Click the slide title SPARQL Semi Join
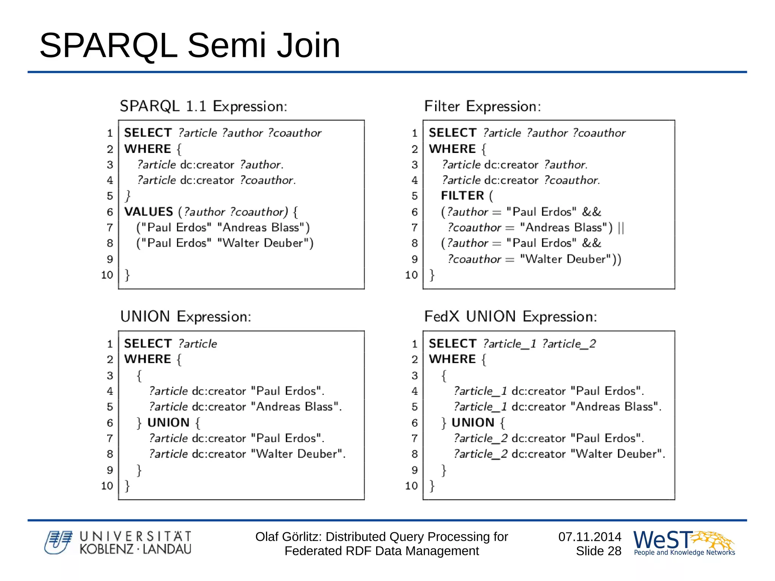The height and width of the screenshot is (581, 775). coord(190,45)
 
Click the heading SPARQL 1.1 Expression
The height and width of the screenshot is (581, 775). coord(203,106)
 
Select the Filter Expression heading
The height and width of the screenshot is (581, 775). coord(482,106)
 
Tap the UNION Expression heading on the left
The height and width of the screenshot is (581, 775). coord(185,316)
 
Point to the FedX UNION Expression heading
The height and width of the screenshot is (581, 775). coord(510,316)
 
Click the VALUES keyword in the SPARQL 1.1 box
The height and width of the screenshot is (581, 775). coord(148,212)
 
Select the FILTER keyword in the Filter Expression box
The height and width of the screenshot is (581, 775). coord(462,196)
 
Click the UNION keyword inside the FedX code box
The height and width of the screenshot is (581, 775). coord(473,422)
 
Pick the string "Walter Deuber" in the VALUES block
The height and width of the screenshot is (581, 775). coord(265,243)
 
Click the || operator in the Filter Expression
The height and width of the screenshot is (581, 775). coord(621,227)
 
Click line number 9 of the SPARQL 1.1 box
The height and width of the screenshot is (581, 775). coord(110,259)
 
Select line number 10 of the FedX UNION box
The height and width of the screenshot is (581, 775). coord(411,486)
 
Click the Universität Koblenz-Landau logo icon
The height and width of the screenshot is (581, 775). coord(58,542)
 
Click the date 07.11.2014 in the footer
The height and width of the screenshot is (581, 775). coord(590,537)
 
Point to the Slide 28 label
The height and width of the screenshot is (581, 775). coord(598,551)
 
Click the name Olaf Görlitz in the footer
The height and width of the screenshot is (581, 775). coord(288,537)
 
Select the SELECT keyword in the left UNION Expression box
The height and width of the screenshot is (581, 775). coord(148,344)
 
